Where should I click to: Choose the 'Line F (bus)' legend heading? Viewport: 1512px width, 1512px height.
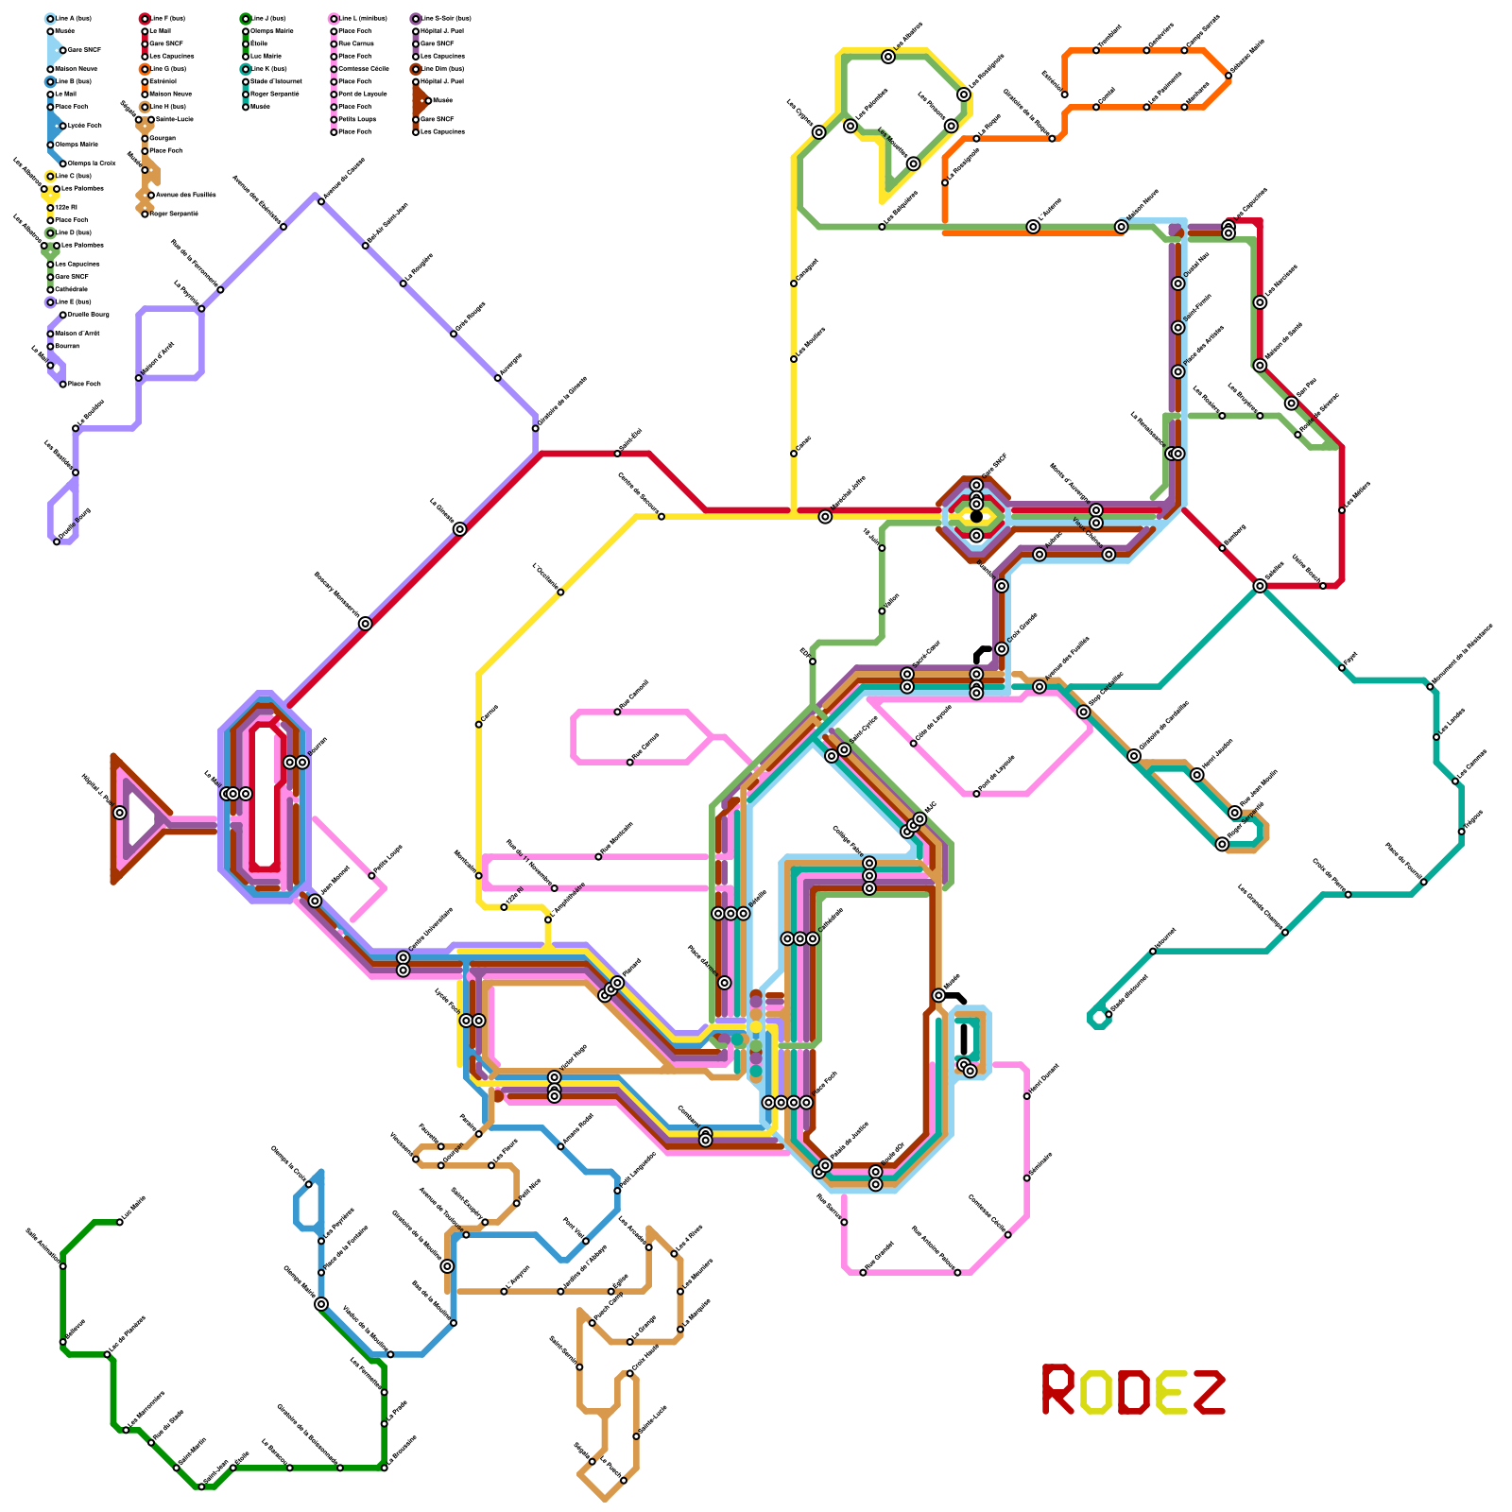(167, 18)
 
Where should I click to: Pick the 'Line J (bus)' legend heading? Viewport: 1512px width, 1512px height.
(268, 18)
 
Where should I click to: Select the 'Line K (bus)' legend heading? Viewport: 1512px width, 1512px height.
(268, 69)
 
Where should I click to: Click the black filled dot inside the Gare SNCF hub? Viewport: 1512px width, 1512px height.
(976, 516)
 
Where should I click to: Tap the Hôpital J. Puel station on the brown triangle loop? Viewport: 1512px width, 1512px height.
(119, 813)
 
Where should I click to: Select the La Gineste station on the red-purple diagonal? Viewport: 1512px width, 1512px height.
(459, 529)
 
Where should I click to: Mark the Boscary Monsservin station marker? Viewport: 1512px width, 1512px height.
(365, 623)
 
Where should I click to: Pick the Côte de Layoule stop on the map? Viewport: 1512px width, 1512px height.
(913, 744)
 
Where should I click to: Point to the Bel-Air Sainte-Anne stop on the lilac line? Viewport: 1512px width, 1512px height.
(365, 246)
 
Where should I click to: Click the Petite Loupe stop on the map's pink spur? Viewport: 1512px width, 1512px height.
(371, 876)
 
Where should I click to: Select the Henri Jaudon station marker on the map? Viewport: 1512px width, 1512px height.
(1197, 775)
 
